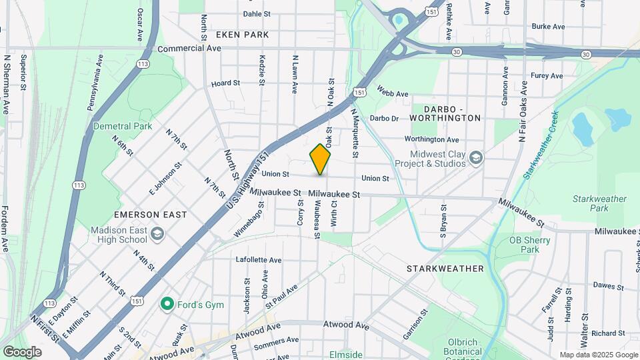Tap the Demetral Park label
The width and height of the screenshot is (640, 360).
(123, 126)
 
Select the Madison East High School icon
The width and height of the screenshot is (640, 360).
(157, 233)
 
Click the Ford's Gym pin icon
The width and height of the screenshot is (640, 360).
(167, 305)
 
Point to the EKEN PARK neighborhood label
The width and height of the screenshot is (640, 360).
(242, 34)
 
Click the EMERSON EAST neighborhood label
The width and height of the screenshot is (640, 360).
(150, 215)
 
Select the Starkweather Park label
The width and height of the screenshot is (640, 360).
(599, 203)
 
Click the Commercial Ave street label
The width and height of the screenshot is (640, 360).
(190, 49)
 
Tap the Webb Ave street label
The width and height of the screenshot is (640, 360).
(392, 91)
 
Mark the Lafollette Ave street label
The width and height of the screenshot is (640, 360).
(259, 259)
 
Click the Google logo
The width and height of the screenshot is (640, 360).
(22, 351)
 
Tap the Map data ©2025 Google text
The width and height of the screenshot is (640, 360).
(597, 355)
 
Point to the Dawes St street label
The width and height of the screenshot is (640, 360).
(607, 286)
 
